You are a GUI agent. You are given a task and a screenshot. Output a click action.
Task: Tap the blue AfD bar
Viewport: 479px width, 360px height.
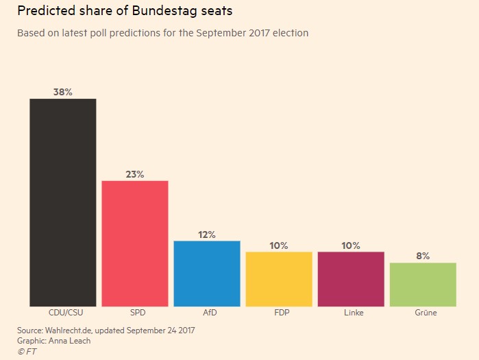[207, 274]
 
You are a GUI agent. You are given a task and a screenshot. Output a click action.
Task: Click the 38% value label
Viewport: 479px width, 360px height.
[62, 92]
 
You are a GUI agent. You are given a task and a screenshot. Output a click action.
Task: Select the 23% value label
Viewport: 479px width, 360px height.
[135, 174]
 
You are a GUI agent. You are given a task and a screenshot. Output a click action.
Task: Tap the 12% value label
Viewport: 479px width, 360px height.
[207, 235]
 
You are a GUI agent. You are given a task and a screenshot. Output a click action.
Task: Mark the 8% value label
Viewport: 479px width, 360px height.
[423, 256]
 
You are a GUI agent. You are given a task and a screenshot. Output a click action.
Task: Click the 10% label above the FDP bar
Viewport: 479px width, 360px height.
[279, 245]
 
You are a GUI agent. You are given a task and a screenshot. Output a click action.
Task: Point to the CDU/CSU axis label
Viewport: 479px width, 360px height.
[62, 313]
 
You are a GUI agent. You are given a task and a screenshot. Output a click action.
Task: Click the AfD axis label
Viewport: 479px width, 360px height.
[207, 313]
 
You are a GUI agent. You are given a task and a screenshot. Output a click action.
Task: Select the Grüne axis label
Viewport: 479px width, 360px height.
[423, 313]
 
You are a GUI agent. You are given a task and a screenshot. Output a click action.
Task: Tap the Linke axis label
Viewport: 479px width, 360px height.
[351, 313]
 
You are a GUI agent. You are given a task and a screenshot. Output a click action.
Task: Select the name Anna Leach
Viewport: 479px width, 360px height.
[71, 341]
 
